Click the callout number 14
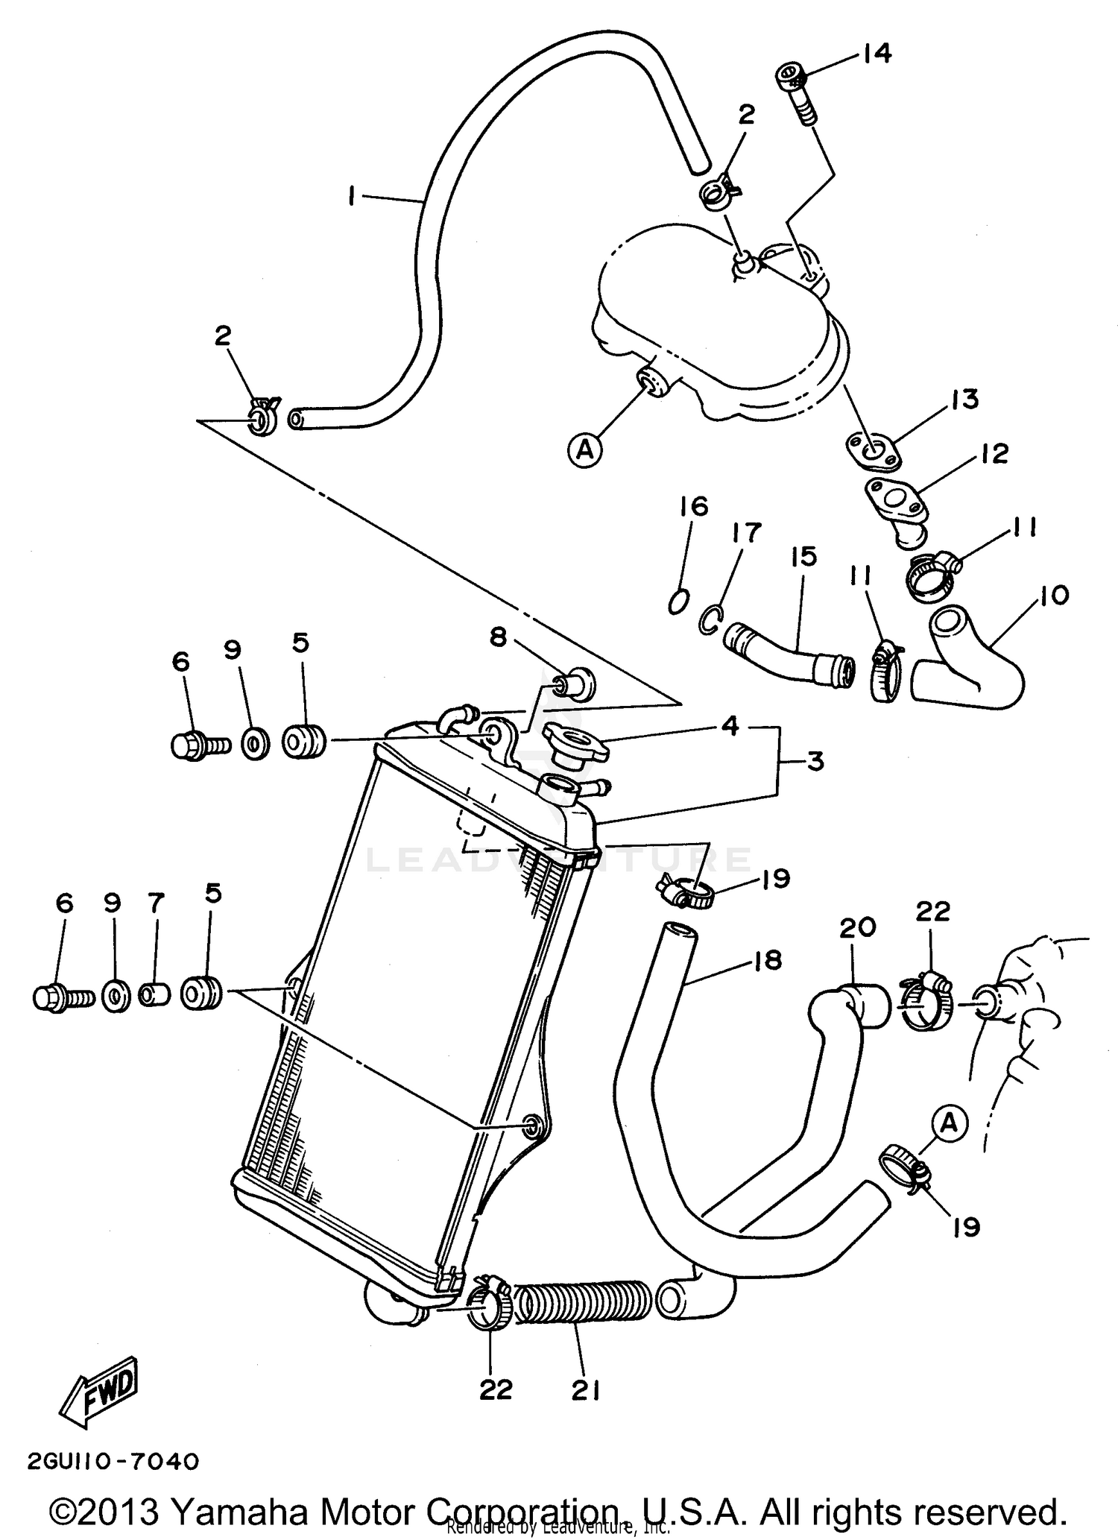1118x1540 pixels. (x=877, y=54)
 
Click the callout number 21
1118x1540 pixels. (x=586, y=1389)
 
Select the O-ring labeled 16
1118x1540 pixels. (x=678, y=600)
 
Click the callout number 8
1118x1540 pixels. (x=498, y=637)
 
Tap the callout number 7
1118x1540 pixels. (x=155, y=904)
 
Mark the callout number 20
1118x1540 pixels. (x=858, y=928)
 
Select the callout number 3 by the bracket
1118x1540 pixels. (x=815, y=762)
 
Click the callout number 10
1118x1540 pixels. (x=1052, y=595)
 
